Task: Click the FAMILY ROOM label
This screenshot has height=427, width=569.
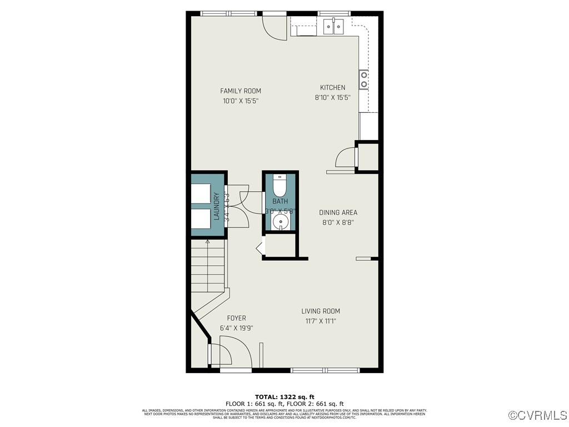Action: pos(240,91)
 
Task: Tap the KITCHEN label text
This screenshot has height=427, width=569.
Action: pos(332,87)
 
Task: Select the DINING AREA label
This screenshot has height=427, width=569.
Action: pos(338,212)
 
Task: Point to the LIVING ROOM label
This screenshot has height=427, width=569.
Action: pos(321,311)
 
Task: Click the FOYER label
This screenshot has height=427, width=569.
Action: pos(232,319)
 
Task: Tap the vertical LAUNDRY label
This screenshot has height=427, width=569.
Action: pos(217,206)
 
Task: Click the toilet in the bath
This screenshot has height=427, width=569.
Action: pos(279,186)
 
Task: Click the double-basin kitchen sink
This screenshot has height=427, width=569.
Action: pos(333,26)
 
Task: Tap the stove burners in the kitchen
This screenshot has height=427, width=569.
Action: pos(363,80)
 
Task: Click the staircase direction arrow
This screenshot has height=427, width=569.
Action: pos(208,242)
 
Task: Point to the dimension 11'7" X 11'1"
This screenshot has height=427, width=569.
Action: pos(321,321)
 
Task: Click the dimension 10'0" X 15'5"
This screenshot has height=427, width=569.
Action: pos(241,101)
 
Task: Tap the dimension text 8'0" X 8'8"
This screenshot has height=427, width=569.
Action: pos(338,222)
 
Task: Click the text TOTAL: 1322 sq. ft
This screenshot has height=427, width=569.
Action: pos(284,397)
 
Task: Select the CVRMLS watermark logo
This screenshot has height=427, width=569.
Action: pos(538,415)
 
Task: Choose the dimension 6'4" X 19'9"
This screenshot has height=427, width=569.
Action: pos(236,328)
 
